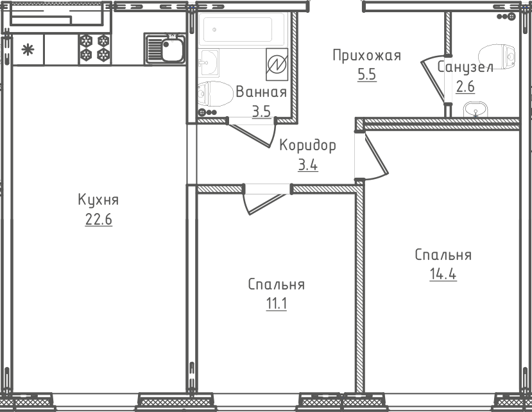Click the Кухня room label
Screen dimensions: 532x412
[x=98, y=200]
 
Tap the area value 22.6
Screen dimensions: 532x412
[x=99, y=219]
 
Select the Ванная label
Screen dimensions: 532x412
[x=261, y=92]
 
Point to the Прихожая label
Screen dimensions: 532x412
[x=367, y=56]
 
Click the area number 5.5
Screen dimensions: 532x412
[x=367, y=74]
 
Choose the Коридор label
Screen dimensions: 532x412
[x=308, y=145]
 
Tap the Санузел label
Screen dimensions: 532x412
[x=465, y=67]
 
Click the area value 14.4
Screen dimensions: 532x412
[x=443, y=274]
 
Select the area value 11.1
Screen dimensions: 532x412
[x=277, y=304]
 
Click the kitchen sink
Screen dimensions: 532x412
[x=165, y=49]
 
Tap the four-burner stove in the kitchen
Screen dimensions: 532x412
[x=95, y=48]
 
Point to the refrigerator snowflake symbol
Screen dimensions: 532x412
[x=28, y=50]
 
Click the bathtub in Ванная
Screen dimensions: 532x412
[x=243, y=30]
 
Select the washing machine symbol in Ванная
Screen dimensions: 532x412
[x=277, y=64]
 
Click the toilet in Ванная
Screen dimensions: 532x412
[x=215, y=94]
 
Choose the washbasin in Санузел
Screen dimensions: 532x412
[x=476, y=110]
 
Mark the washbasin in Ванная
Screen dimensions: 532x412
[x=209, y=63]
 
